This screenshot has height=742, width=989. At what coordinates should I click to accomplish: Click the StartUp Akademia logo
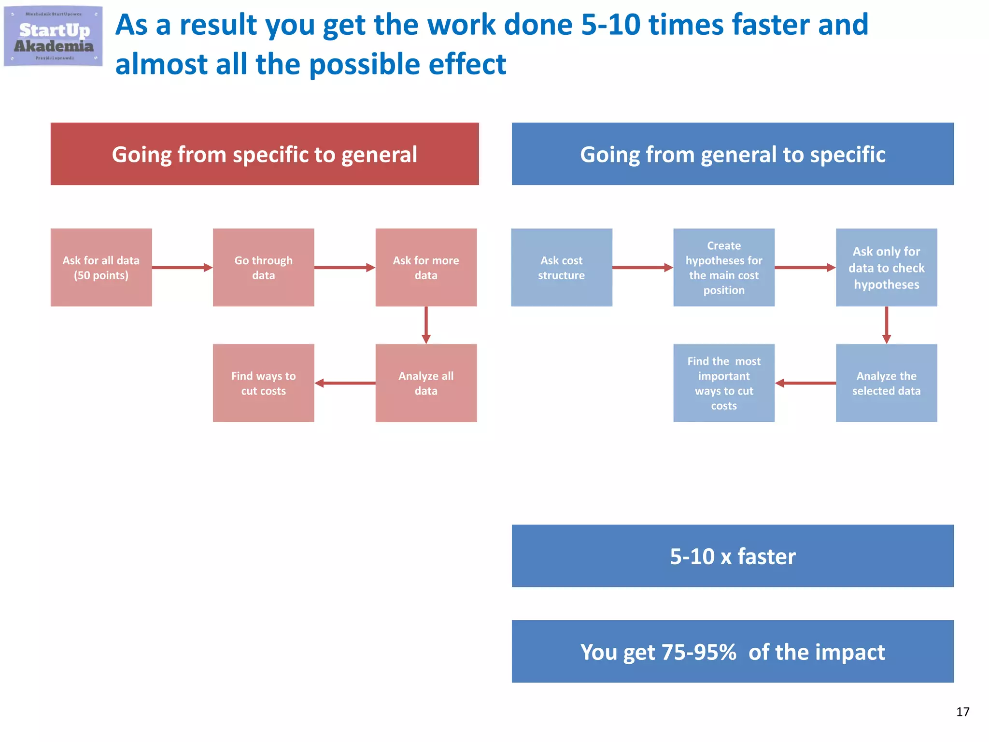(53, 36)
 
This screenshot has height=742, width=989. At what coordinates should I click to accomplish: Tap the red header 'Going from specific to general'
(265, 154)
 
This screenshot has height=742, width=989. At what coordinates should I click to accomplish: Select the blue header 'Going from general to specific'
(733, 154)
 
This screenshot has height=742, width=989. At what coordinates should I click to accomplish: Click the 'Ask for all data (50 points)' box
(101, 268)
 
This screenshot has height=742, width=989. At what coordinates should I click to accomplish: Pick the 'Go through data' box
(264, 268)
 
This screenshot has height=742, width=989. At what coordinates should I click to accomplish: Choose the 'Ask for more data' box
(426, 268)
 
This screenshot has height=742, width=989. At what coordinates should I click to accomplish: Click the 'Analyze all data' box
(426, 383)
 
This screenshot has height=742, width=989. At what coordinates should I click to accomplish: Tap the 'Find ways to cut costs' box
(264, 383)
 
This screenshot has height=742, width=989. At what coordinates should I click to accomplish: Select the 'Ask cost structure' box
(562, 268)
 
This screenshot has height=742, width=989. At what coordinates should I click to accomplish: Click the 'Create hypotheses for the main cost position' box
(724, 268)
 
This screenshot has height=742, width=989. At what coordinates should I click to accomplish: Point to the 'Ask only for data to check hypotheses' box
(887, 268)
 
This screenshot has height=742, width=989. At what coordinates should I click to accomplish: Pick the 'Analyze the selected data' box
(887, 383)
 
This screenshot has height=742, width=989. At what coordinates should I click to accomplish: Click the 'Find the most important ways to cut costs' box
(724, 383)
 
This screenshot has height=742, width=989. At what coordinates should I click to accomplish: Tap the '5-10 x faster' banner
(733, 556)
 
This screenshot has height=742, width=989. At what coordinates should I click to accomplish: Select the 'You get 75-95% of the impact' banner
(733, 652)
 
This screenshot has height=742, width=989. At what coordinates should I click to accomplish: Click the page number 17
(962, 712)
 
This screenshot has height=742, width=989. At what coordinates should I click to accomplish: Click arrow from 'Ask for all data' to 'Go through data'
(182, 268)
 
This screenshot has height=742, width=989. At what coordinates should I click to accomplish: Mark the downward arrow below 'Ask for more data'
(426, 325)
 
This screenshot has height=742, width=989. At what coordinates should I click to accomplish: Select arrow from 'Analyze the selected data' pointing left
(805, 383)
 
